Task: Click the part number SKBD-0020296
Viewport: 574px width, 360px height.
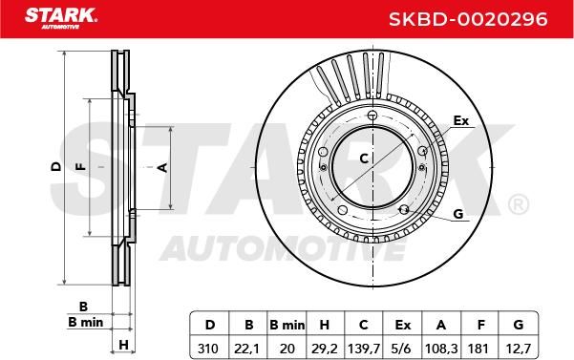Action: click(468, 19)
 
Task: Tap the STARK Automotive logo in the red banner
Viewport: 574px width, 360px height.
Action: click(61, 18)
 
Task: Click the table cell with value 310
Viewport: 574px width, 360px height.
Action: click(208, 349)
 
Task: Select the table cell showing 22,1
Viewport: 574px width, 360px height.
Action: click(247, 349)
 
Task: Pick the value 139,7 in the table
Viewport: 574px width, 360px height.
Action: click(364, 349)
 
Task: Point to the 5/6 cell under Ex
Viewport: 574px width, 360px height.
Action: click(401, 349)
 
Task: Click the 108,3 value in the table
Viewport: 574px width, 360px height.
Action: click(441, 349)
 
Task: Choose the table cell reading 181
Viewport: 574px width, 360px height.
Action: click(478, 349)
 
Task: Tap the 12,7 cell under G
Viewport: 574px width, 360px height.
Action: click(518, 349)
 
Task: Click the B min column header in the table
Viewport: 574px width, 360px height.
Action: click(287, 325)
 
